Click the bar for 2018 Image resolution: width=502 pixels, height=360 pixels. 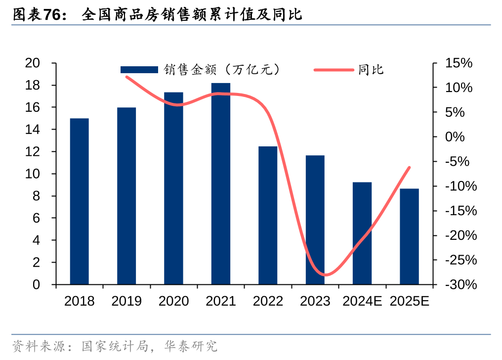(x=79, y=201)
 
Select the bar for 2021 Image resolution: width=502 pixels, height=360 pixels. (x=221, y=183)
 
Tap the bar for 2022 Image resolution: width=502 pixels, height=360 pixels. (x=268, y=215)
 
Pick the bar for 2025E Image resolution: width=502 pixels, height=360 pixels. (x=409, y=236)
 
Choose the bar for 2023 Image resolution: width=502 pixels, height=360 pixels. (x=315, y=220)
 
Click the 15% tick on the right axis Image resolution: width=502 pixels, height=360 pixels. (x=459, y=63)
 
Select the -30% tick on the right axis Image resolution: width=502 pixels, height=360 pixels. (x=460, y=285)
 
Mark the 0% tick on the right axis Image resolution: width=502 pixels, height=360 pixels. (x=455, y=137)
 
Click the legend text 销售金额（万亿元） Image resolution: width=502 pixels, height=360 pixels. (x=222, y=70)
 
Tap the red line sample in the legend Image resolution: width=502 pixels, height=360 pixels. (x=334, y=70)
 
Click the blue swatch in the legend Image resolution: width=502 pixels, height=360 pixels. (x=139, y=70)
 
